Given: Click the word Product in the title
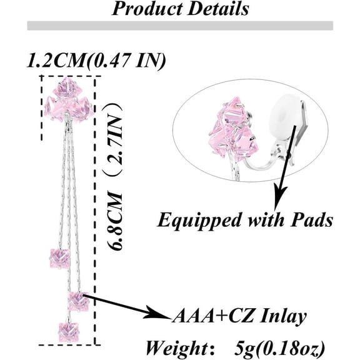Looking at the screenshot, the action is pyautogui.click(x=146, y=9).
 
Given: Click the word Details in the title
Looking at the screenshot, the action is pyautogui.click(x=217, y=9).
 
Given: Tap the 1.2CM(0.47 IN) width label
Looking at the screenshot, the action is pyautogui.click(x=96, y=61).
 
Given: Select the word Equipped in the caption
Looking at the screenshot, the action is pyautogui.click(x=199, y=221).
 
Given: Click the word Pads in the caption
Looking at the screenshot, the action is pyautogui.click(x=311, y=220).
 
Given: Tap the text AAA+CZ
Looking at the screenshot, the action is pyautogui.click(x=214, y=316).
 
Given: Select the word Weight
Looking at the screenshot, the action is pyautogui.click(x=177, y=349).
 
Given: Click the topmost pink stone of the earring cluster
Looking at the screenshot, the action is pyautogui.click(x=67, y=87).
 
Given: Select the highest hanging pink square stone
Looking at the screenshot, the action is pyautogui.click(x=59, y=259).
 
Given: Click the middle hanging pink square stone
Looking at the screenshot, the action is pyautogui.click(x=79, y=301).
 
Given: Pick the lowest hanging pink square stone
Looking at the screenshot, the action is pyautogui.click(x=68, y=332).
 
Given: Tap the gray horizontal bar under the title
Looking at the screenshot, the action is pyautogui.click(x=180, y=26).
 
